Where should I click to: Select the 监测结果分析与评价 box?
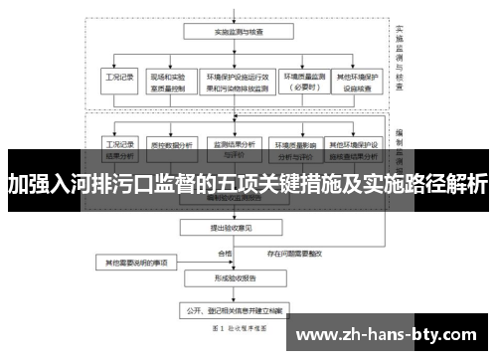click(x=235, y=149)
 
